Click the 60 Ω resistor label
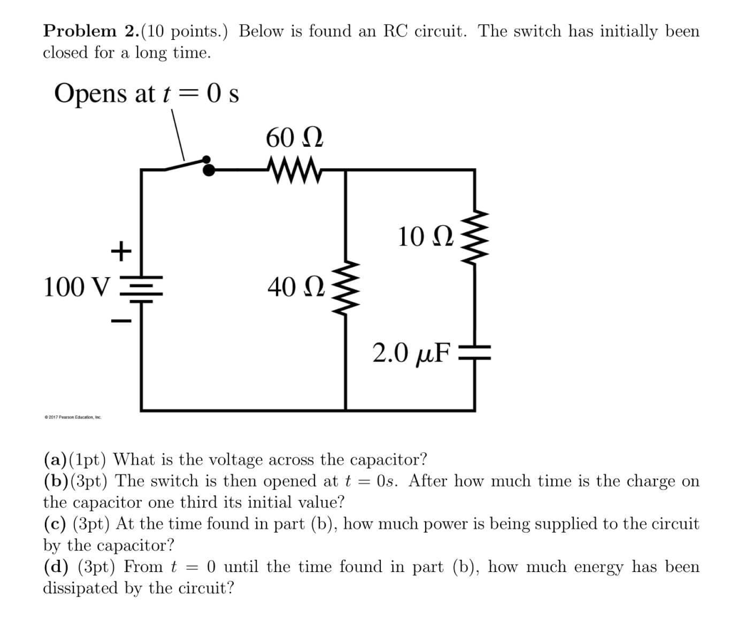pyautogui.click(x=294, y=137)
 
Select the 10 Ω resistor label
pyautogui.click(x=425, y=236)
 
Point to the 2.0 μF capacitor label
pyautogui.click(x=412, y=352)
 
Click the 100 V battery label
pyautogui.click(x=78, y=287)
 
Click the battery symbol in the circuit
pyautogui.click(x=141, y=291)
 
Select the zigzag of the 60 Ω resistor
pyautogui.click(x=293, y=170)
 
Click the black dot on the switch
pyautogui.click(x=208, y=168)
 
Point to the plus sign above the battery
pyautogui.click(x=121, y=250)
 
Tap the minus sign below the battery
pyautogui.click(x=121, y=323)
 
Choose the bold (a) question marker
pyautogui.click(x=56, y=458)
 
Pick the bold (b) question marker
pyautogui.click(x=56, y=480)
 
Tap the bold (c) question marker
pyautogui.click(x=56, y=524)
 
